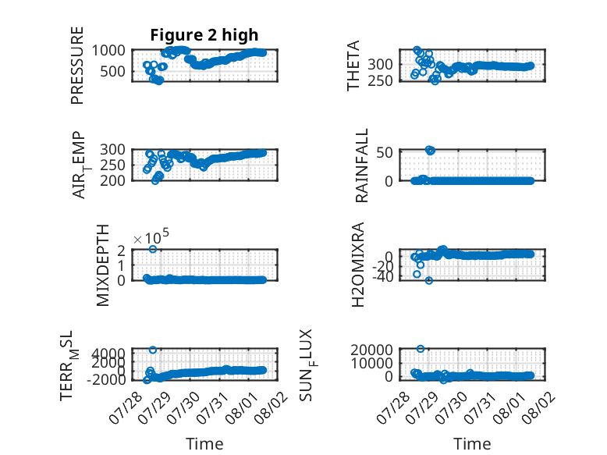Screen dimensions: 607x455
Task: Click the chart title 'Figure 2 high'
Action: click(x=204, y=35)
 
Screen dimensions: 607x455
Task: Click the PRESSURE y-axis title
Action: click(x=77, y=66)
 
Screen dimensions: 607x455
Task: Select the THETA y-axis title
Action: click(x=353, y=66)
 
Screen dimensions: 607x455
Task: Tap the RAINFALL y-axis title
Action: click(x=361, y=165)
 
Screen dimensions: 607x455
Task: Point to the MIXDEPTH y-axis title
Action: click(x=103, y=265)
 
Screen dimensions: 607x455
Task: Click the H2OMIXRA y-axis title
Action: click(x=358, y=265)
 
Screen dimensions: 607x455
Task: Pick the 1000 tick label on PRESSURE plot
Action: click(x=108, y=51)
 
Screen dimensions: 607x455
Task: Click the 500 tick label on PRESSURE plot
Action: click(x=112, y=71)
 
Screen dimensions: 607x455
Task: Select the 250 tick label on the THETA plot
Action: click(x=380, y=81)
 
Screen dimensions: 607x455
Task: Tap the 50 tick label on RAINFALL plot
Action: click(x=385, y=152)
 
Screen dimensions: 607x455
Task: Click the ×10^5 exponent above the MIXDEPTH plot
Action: click(x=151, y=236)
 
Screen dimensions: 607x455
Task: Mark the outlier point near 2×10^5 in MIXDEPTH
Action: click(x=153, y=249)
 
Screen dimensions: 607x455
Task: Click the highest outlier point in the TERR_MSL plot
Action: click(x=153, y=350)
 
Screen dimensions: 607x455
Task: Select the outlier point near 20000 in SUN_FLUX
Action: click(x=421, y=349)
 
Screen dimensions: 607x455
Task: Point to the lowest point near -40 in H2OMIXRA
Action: click(x=429, y=280)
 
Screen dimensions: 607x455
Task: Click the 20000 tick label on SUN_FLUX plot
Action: click(x=371, y=350)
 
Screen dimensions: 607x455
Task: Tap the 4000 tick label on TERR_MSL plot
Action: click(x=108, y=353)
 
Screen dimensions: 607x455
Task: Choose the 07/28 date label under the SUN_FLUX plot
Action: click(x=393, y=407)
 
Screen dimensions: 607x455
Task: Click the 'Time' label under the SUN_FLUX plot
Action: click(x=472, y=444)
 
